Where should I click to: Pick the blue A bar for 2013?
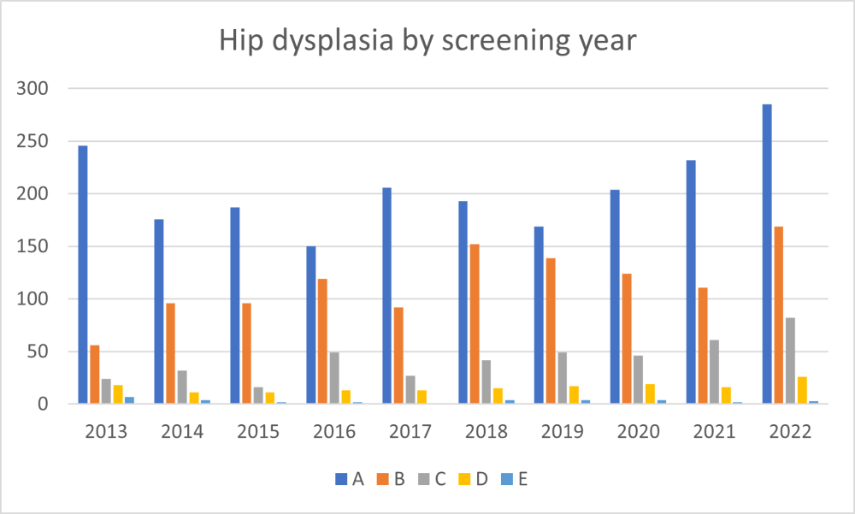tap(83, 275)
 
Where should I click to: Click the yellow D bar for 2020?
tap(650, 394)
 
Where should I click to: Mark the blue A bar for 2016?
tap(311, 325)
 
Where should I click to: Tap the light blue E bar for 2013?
tap(129, 400)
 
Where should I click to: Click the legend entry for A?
tap(349, 479)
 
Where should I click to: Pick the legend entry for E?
tap(512, 479)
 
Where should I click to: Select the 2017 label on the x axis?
tap(410, 430)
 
